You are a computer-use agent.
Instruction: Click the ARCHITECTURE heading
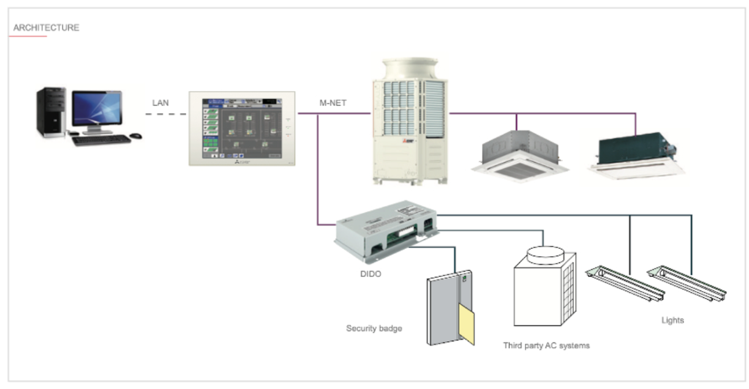click(46, 28)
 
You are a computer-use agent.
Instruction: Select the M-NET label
click(333, 103)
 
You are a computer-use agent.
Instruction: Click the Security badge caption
click(374, 328)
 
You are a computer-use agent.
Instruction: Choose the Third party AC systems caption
click(546, 346)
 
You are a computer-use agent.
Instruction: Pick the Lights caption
click(672, 320)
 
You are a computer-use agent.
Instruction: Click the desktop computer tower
click(50, 111)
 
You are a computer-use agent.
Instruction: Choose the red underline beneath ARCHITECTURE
click(28, 36)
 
